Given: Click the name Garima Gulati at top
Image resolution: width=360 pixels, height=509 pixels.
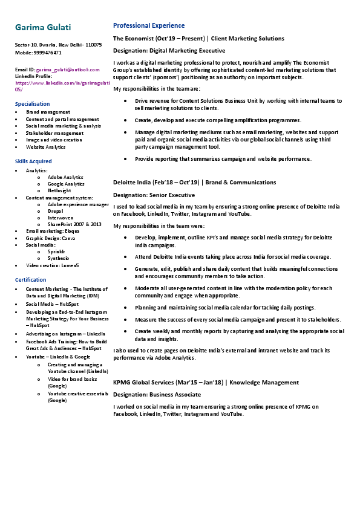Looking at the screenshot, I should pos(43,28).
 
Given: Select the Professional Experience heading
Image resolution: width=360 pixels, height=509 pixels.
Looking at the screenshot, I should pos(149,26).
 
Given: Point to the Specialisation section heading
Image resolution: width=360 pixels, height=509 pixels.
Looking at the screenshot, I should pos(32,104).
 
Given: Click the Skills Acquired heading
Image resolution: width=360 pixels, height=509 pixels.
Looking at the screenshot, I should pos(33,161).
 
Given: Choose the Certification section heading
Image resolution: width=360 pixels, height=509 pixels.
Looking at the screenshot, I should pos(30,280).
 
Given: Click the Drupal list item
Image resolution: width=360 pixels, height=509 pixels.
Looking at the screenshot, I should pos(56,211).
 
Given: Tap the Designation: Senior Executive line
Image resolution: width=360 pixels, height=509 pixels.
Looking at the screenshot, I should pos(154,195).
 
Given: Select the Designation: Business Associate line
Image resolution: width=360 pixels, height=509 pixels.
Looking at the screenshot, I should pos(157,394).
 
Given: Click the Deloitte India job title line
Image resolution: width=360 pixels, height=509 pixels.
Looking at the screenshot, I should pos(194,182).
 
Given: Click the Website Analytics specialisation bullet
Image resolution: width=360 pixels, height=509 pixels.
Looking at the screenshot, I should pos(45,147).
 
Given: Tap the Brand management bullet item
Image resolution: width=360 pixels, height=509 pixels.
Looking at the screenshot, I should pos(48,112).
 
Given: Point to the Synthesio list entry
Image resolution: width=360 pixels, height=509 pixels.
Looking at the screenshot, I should pos(58,258).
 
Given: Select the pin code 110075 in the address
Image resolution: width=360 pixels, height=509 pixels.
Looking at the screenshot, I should pos(94,45).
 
